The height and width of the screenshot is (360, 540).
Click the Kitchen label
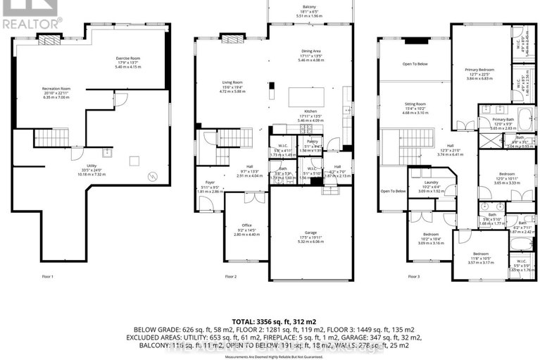(312, 113)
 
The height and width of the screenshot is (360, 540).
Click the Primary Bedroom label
(479, 70)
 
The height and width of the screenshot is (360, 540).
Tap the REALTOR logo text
(31, 21)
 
